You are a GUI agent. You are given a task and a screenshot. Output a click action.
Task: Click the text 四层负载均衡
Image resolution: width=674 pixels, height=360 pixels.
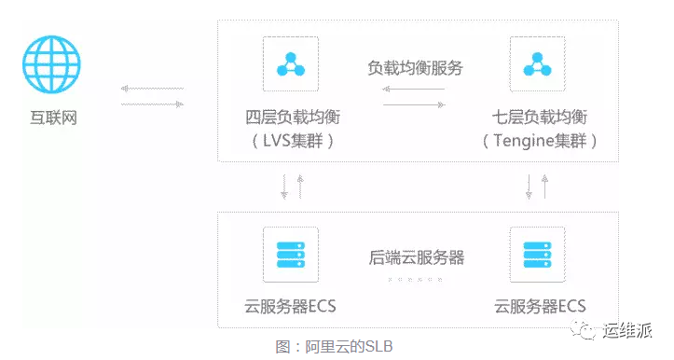[292, 119]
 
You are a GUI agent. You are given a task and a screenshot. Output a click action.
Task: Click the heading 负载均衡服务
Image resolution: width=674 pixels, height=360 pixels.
[415, 68]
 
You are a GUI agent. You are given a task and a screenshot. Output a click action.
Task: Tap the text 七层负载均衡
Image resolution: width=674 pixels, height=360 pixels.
[540, 119]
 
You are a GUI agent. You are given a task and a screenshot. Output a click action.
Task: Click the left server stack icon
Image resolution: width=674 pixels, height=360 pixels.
[291, 255]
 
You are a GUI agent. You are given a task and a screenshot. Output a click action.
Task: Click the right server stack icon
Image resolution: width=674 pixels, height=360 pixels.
[537, 255]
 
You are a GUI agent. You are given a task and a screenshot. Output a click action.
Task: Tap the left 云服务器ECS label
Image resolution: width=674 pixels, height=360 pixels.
[291, 307]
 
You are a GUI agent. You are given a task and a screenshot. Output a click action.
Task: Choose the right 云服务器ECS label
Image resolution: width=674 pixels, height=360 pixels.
[540, 307]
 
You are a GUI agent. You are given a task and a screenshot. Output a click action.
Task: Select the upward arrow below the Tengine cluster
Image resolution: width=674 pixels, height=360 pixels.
[545, 187]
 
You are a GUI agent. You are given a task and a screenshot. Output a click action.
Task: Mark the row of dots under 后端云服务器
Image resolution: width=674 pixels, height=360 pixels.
[414, 279]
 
